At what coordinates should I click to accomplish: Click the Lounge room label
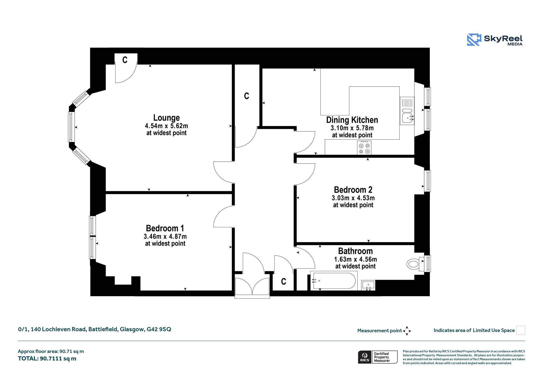166,118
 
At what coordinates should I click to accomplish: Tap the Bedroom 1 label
165,228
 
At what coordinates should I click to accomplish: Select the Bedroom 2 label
353,190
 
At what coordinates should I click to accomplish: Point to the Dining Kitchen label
352,120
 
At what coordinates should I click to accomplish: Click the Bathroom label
355,251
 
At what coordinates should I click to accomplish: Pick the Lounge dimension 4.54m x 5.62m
166,126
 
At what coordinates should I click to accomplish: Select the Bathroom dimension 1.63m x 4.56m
355,259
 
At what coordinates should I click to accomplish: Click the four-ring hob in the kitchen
364,148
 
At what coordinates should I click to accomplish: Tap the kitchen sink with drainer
407,111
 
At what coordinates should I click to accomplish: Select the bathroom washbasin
368,285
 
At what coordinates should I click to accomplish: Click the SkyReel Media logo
495,40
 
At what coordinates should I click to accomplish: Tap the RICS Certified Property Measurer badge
378,357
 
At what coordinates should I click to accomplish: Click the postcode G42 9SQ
159,329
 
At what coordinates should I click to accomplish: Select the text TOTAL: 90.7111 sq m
47,358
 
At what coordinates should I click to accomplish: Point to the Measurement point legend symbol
407,331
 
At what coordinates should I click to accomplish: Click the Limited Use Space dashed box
521,330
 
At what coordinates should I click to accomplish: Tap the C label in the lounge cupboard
125,60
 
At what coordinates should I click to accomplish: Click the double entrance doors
252,287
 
